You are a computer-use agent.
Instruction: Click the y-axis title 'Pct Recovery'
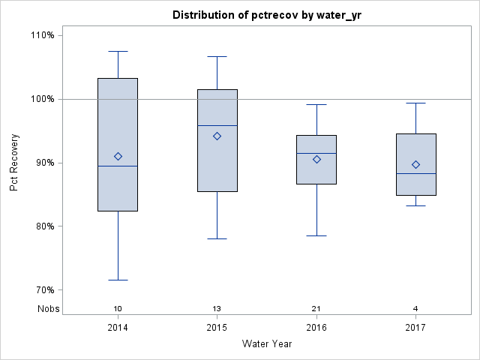point(14,163)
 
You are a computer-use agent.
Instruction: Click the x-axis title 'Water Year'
point(266,344)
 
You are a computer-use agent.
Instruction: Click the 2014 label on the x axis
point(118,328)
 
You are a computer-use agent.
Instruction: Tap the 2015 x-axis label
point(217,328)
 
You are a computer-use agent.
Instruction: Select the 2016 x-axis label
point(316,328)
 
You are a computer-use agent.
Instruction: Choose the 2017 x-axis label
point(415,328)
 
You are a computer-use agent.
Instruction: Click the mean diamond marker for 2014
point(118,156)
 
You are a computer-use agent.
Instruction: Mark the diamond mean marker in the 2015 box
point(217,136)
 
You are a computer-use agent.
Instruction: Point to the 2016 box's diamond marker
point(316,159)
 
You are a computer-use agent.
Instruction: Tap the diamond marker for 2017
point(415,164)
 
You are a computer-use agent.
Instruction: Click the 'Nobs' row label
point(49,309)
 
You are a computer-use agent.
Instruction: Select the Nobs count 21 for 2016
point(316,309)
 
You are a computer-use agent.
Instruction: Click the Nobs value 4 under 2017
point(415,309)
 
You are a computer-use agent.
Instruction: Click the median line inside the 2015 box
point(217,125)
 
